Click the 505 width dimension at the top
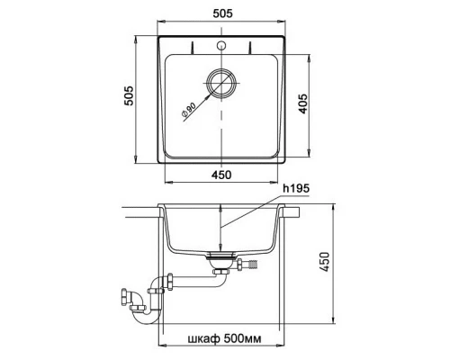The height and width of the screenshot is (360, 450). (x=222, y=13)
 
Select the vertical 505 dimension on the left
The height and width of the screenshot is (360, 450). (x=129, y=95)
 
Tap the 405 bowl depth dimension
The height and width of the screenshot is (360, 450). (x=303, y=103)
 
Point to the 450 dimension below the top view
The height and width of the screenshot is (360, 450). (x=221, y=175)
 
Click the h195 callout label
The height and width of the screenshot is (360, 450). (x=296, y=188)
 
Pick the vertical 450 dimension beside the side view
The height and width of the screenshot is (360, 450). (x=324, y=262)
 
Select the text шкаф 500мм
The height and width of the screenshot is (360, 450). (x=224, y=338)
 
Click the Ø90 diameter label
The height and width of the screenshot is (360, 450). (x=188, y=110)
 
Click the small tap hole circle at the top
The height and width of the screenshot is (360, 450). (x=221, y=45)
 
